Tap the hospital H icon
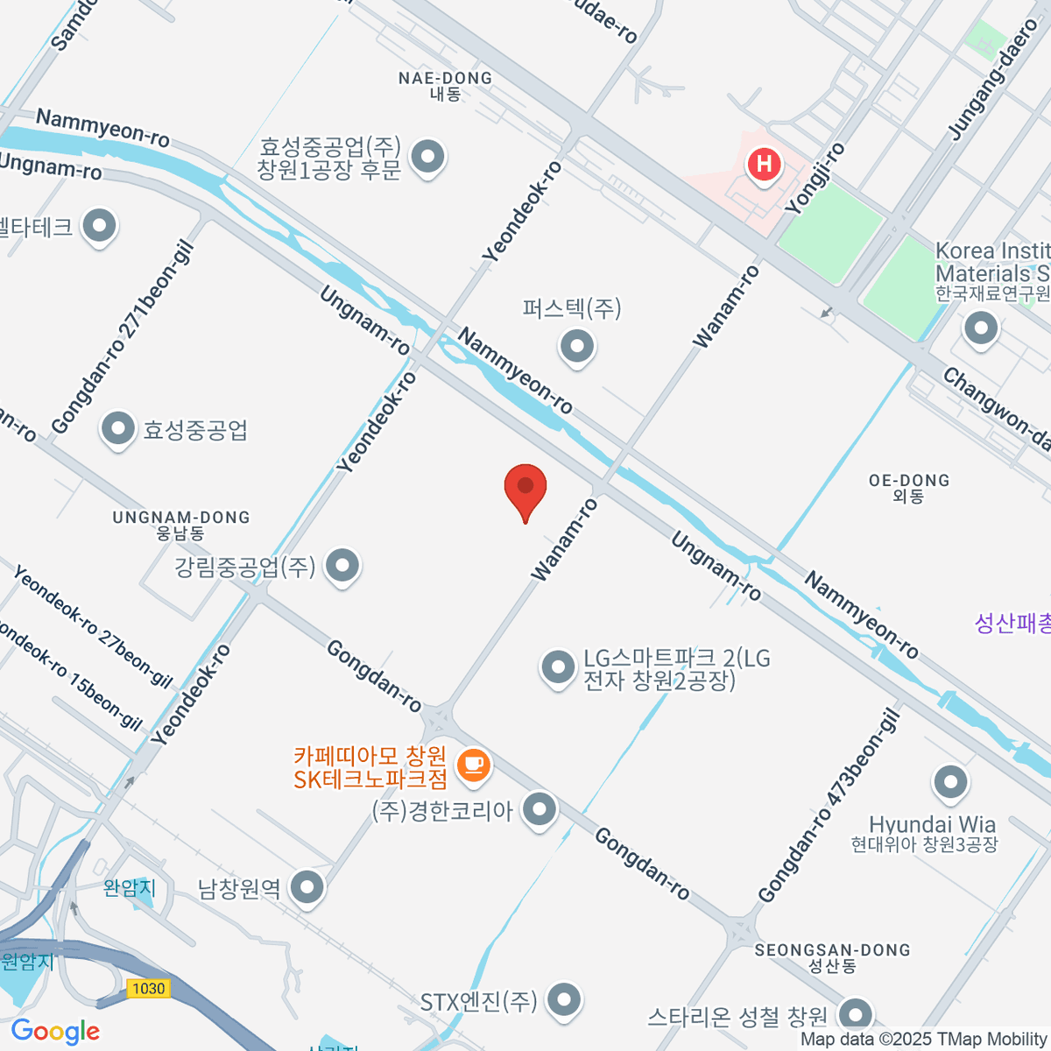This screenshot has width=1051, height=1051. click(764, 164)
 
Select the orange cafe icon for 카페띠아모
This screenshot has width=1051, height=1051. click(474, 765)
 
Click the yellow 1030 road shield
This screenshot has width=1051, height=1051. click(148, 988)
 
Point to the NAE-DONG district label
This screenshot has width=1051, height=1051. click(445, 85)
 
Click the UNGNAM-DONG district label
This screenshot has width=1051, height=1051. click(181, 524)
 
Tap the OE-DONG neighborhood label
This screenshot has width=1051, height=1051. click(908, 487)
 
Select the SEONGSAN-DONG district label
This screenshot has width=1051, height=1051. click(832, 957)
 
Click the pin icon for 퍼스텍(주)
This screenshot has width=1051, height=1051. click(576, 345)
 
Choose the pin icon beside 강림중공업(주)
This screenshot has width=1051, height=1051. click(342, 566)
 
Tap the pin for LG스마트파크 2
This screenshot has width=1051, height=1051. click(557, 668)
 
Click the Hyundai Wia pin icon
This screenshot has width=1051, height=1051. click(950, 783)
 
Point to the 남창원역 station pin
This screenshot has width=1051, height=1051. click(307, 888)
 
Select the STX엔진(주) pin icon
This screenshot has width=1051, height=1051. click(563, 1000)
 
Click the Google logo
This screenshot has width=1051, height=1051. click(55, 1032)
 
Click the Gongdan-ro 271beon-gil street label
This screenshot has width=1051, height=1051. click(123, 338)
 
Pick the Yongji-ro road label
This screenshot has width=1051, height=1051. click(815, 179)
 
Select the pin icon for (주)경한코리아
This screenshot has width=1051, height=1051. click(539, 809)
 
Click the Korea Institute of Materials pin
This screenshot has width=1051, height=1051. click(980, 329)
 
